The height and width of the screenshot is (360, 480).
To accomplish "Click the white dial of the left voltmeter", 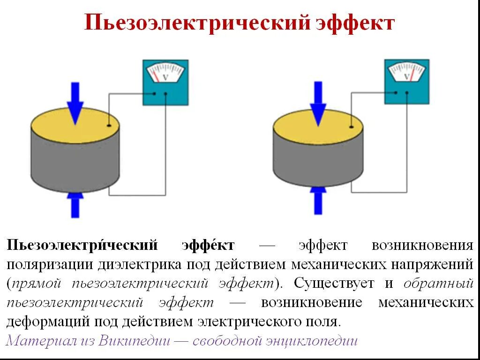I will (165, 73).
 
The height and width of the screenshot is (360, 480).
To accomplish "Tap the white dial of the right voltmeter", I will (406, 73).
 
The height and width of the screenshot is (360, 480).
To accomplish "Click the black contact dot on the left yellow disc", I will (109, 126).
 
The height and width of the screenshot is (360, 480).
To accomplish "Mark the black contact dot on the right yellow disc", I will (351, 125).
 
